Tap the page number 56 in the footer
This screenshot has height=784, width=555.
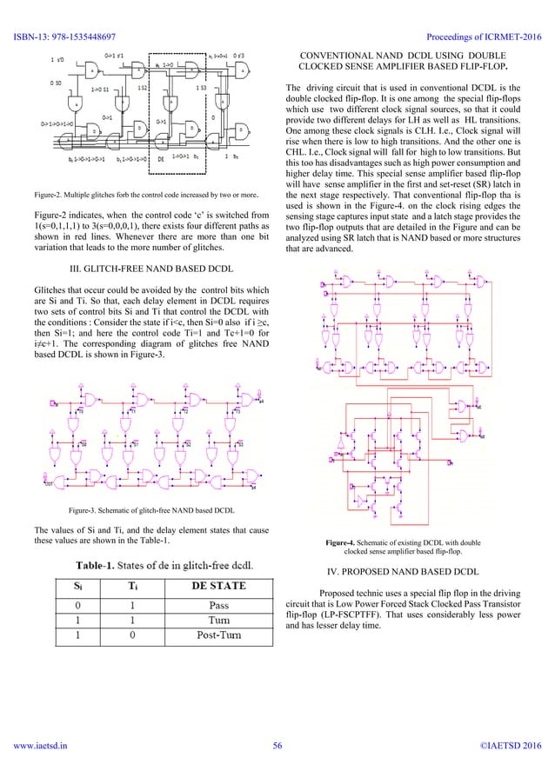point(277,769)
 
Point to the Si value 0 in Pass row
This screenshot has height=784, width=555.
point(79,603)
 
